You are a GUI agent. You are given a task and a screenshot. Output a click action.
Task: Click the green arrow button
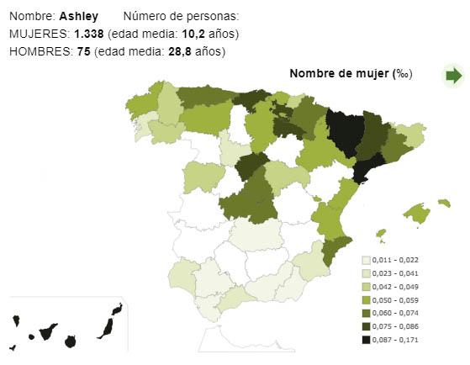(x=454, y=76)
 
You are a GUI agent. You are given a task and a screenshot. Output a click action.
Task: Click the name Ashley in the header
(x=78, y=16)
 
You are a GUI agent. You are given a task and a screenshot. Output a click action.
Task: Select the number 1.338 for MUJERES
(x=89, y=34)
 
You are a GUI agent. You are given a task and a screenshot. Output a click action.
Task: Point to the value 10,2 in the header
(x=193, y=34)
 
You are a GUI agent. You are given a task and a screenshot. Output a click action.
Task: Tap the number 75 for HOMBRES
(x=83, y=51)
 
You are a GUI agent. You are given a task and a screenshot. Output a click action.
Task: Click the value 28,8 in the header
(x=180, y=51)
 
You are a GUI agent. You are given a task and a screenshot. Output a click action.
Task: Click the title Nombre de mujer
(x=339, y=73)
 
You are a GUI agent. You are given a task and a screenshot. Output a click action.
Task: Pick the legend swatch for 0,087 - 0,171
(x=366, y=340)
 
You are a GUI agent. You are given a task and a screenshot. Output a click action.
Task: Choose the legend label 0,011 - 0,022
(x=395, y=260)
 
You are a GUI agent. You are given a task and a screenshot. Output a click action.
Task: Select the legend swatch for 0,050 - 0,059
(x=366, y=300)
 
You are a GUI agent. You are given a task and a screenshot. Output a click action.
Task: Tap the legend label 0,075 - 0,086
(x=395, y=326)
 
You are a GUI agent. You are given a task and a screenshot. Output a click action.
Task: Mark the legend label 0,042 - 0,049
(x=395, y=287)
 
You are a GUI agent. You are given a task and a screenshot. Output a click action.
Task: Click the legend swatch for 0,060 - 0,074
(x=366, y=313)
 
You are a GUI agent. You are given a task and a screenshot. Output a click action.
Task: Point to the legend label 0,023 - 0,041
(x=395, y=273)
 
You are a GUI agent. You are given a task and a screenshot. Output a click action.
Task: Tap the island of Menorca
(x=444, y=203)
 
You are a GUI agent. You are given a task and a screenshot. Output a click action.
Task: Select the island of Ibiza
(x=381, y=233)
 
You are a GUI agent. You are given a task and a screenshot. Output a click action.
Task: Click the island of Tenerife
(x=47, y=332)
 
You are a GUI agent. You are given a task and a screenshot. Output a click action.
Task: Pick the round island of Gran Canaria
(x=70, y=341)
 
